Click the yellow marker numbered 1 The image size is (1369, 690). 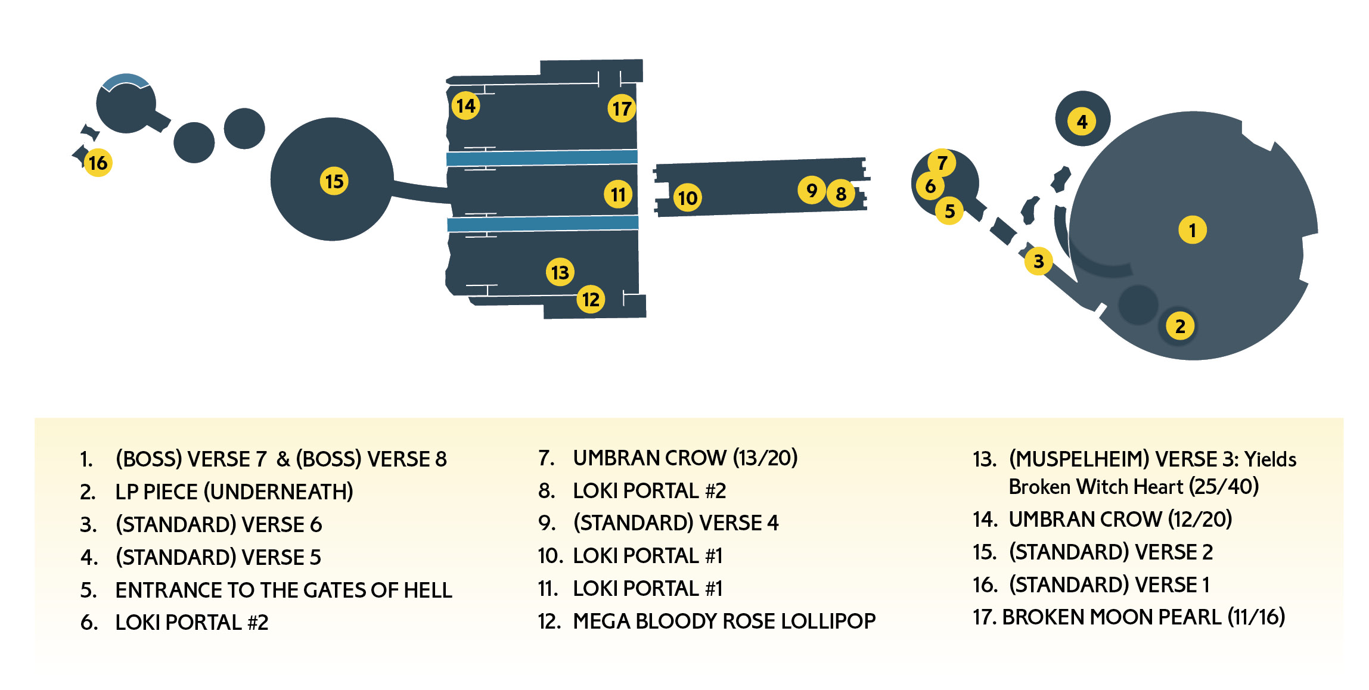click(x=1192, y=230)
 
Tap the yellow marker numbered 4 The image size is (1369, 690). click(x=1082, y=122)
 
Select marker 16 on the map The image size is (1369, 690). click(x=98, y=163)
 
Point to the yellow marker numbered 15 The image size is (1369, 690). click(x=334, y=181)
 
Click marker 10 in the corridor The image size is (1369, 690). click(x=687, y=198)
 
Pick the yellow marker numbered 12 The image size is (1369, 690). click(x=591, y=299)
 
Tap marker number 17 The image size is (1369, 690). click(x=622, y=108)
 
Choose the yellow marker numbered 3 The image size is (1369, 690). click(x=1038, y=261)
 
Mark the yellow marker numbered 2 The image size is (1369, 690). click(x=1180, y=326)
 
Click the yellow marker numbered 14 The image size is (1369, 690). click(x=465, y=105)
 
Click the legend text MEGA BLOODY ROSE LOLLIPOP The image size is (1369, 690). click(x=724, y=621)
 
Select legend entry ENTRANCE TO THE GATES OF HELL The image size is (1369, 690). click(x=284, y=590)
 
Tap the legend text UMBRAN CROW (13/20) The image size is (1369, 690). click(x=685, y=458)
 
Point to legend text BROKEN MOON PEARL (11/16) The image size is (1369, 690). click(x=1143, y=617)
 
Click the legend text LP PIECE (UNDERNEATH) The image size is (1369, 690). click(x=234, y=492)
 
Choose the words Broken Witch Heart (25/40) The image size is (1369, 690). click(x=1134, y=487)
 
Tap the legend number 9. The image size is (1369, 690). click(x=545, y=523)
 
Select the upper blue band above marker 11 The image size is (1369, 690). click(x=542, y=157)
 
